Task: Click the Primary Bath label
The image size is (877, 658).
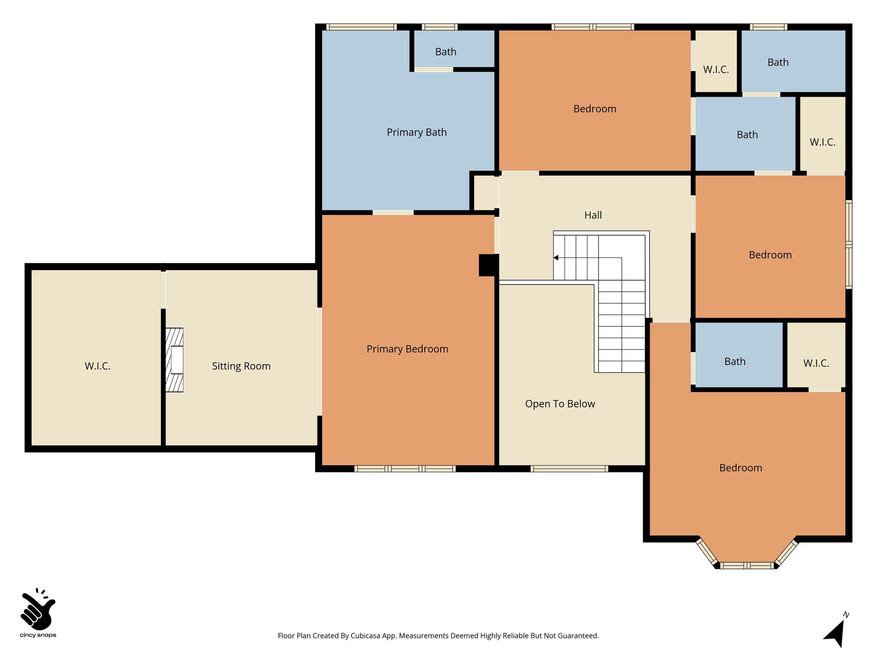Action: coord(416,132)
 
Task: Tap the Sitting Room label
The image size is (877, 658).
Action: coord(241,366)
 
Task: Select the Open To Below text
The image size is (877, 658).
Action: coord(560,404)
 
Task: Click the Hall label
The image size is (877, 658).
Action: coord(593,215)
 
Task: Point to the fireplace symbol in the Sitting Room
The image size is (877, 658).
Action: coord(175,360)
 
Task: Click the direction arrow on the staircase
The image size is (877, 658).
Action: coord(556,258)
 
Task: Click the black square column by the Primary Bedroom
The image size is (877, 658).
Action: coord(488,265)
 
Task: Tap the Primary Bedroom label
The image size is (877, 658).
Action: coord(407,349)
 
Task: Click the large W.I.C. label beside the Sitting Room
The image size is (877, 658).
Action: coord(97,366)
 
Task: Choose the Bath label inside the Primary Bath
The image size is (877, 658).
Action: coord(445,52)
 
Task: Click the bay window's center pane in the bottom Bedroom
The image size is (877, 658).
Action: coord(747,565)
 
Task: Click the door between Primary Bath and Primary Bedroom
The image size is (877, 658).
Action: coord(393,212)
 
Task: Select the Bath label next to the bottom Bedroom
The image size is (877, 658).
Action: coord(734,362)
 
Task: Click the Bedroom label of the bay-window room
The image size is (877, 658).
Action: coord(740,468)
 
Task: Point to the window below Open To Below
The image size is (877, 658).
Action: coord(569,469)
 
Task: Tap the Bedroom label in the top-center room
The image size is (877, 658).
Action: coord(594,109)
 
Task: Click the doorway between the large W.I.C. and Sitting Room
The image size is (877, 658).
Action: coord(163,290)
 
